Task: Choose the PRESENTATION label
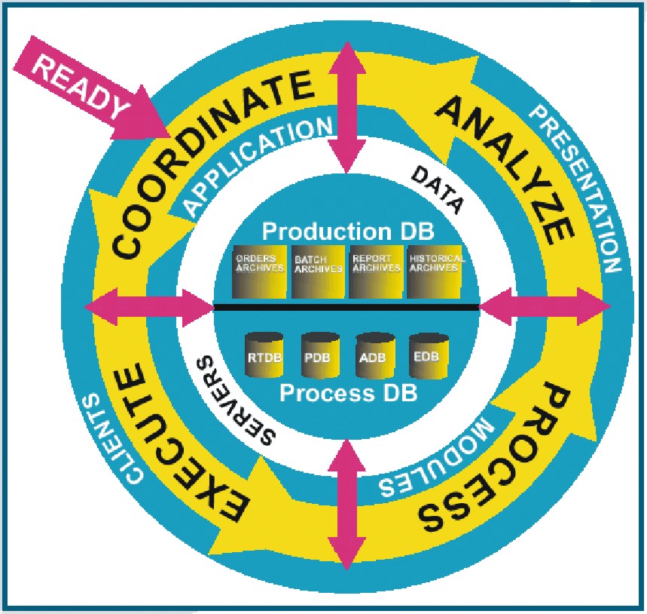point(578,186)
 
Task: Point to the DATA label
point(438,189)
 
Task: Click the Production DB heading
point(348,232)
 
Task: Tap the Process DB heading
point(348,393)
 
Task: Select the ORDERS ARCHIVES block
point(260,272)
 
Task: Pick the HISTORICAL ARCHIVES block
point(434,272)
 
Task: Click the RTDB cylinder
point(264,355)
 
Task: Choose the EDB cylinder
point(429,356)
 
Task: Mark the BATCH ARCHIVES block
point(318,272)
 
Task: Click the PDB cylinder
point(320,355)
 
